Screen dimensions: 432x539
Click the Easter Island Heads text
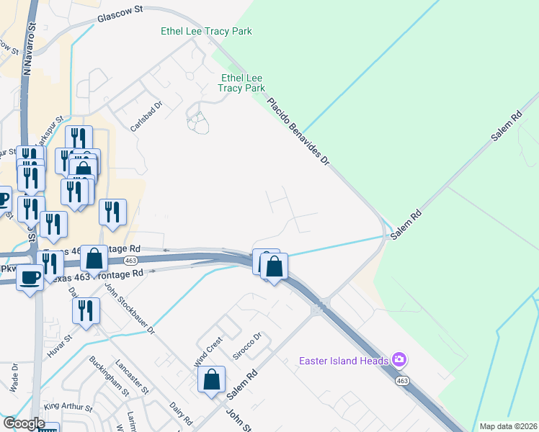coord(343,360)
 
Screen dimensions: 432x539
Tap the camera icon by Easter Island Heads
coord(399,359)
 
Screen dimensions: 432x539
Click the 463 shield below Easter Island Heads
coord(402,380)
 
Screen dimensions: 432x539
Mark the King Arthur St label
coord(68,408)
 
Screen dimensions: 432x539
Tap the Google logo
coord(24,423)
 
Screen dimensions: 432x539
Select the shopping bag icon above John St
coord(212,379)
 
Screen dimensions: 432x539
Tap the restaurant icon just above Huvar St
coord(86,311)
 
